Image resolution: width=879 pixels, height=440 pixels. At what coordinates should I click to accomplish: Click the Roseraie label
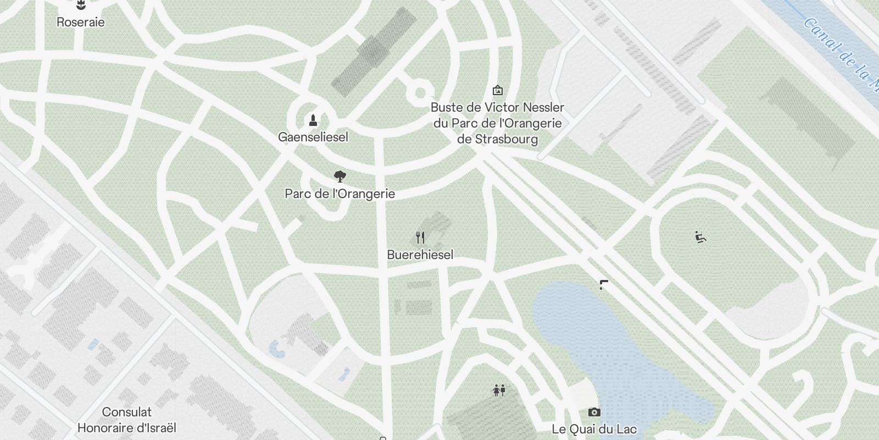pos(80,23)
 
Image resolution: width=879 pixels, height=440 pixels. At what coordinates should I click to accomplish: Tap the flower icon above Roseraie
pos(81,6)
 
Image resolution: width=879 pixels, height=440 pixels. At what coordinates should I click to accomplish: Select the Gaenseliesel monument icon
pos(313,120)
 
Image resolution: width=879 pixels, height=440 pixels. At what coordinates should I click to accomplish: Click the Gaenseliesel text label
pos(313,137)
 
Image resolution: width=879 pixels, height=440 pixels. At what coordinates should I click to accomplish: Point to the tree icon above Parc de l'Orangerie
pos(340,177)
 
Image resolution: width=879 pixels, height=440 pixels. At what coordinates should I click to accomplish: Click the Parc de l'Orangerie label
pos(340,194)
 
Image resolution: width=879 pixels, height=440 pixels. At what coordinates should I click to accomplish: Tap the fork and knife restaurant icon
pos(420,238)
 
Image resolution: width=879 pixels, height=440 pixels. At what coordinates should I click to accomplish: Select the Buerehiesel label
pos(420,255)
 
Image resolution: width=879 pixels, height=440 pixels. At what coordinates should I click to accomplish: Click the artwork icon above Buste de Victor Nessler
pos(498,90)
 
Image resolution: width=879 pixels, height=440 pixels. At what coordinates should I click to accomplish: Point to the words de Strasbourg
pos(497,139)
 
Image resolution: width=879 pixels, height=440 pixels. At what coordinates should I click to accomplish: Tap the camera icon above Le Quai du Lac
pos(594,412)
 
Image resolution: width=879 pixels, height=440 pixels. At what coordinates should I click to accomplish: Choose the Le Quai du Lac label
pos(594,429)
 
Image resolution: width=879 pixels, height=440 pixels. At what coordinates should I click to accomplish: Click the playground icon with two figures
pos(499,391)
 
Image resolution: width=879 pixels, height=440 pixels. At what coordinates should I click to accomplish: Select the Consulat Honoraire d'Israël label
pos(127,420)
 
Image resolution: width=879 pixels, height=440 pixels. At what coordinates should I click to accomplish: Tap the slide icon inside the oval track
pos(700,237)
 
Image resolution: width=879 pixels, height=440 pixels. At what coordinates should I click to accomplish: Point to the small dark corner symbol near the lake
pos(603,284)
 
